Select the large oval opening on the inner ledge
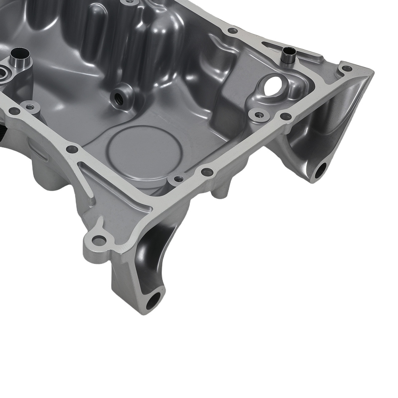(272, 85)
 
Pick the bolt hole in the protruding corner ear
(99, 240)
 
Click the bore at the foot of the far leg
(320, 170)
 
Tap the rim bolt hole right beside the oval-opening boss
(285, 116)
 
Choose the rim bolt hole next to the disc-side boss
(207, 172)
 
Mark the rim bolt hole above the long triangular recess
(72, 149)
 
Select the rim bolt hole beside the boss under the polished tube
(14, 111)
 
